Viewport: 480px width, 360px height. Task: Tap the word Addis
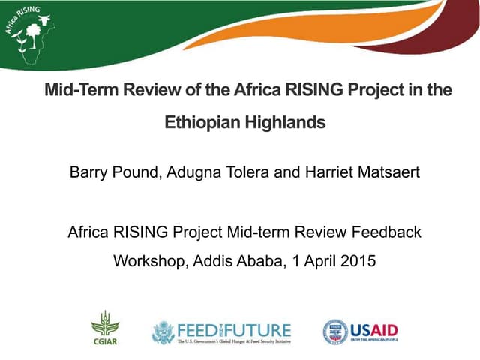click(215, 262)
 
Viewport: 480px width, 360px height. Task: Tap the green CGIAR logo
click(105, 327)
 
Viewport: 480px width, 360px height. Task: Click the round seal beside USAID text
click(335, 331)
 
